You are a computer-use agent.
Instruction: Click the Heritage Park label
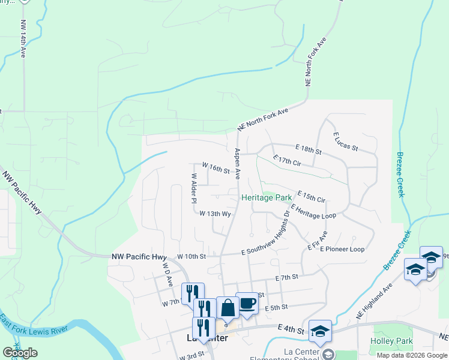point(267,197)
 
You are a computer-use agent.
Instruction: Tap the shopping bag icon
point(228,308)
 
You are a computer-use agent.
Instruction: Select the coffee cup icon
point(247,304)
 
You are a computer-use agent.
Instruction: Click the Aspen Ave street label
point(238,164)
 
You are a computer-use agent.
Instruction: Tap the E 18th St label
point(309,147)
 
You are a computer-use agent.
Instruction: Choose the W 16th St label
point(215,167)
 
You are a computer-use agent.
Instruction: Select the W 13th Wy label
point(215,214)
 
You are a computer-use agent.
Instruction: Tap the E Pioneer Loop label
point(342,249)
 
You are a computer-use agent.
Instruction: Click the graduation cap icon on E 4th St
point(320,331)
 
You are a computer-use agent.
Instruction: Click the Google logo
point(20,353)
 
